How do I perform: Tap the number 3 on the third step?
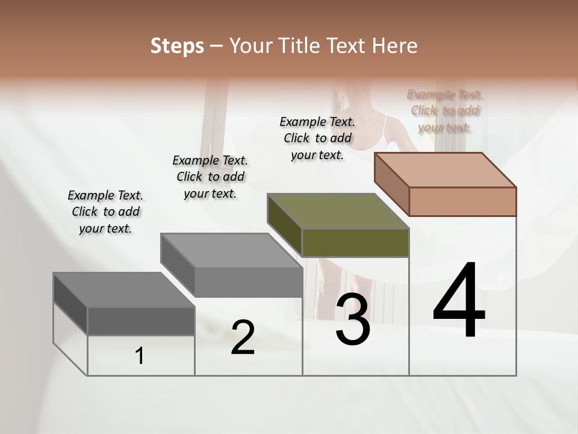[353, 319]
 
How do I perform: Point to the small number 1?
[140, 356]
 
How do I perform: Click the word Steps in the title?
[177, 46]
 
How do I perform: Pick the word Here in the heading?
[395, 46]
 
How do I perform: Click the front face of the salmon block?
[462, 201]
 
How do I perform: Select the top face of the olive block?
[338, 211]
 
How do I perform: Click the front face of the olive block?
[355, 242]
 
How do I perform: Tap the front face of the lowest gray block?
[141, 321]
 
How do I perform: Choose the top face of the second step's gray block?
[232, 250]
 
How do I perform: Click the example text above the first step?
[105, 212]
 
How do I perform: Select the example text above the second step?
[210, 177]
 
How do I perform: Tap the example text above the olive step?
[317, 138]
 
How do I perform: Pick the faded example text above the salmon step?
[445, 111]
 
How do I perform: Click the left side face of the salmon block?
[391, 183]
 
